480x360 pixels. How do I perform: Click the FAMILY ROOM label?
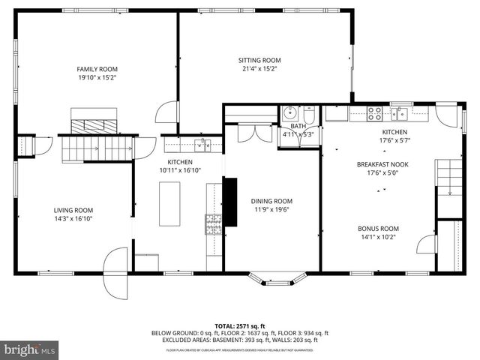(x=96, y=67)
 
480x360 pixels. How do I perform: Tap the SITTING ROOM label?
(x=259, y=60)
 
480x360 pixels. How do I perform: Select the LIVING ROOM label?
(x=73, y=210)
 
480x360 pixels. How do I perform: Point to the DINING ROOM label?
(x=271, y=201)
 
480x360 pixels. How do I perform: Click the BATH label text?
(x=298, y=126)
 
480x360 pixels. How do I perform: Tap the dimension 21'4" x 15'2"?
(x=259, y=69)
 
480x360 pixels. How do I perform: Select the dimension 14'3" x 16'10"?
(x=73, y=219)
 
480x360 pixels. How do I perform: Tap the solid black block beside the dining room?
(x=231, y=201)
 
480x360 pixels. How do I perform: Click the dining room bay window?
(x=273, y=279)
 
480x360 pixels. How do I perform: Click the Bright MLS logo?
(x=30, y=349)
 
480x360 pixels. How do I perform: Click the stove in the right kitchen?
(x=373, y=114)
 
